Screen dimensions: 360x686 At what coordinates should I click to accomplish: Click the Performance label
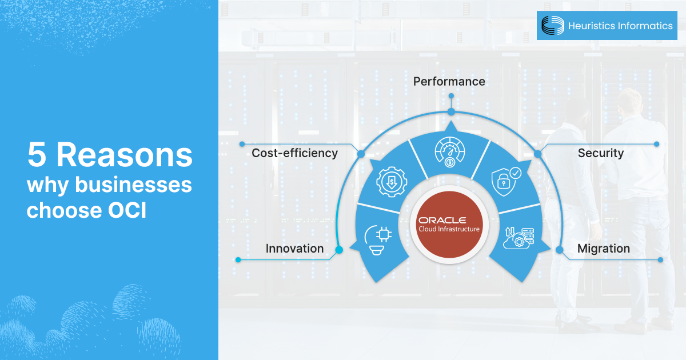pyautogui.click(x=449, y=82)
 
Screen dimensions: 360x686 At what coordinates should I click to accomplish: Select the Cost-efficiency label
pyautogui.click(x=295, y=153)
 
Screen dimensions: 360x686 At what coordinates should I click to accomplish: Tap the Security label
pyautogui.click(x=601, y=153)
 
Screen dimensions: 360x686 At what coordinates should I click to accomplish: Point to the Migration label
pyautogui.click(x=604, y=249)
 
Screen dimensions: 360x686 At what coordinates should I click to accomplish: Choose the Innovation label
pyautogui.click(x=294, y=249)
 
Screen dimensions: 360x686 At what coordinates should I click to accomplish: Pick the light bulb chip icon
pyautogui.click(x=376, y=239)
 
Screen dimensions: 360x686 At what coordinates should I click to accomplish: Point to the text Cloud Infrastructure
pyautogui.click(x=449, y=230)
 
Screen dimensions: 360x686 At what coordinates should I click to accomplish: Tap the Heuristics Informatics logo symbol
pyautogui.click(x=552, y=25)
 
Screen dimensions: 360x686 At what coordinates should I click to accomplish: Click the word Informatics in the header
pyautogui.click(x=645, y=26)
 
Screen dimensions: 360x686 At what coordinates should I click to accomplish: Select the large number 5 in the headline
pyautogui.click(x=38, y=155)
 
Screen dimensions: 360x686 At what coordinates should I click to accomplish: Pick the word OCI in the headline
pyautogui.click(x=126, y=211)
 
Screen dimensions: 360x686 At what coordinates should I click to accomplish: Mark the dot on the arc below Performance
pyautogui.click(x=451, y=111)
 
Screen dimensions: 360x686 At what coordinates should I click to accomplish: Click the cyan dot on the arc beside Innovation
pyautogui.click(x=339, y=250)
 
